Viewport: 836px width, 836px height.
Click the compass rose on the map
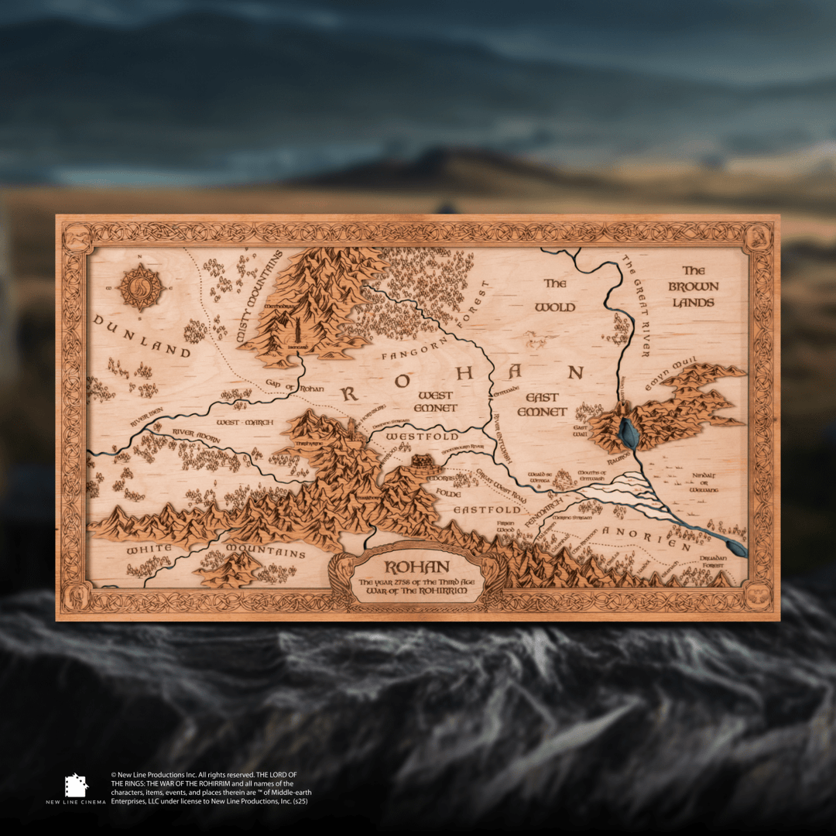coord(140,288)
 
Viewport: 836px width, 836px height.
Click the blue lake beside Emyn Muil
coord(629,433)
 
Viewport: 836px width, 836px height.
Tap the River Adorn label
coord(196,435)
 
